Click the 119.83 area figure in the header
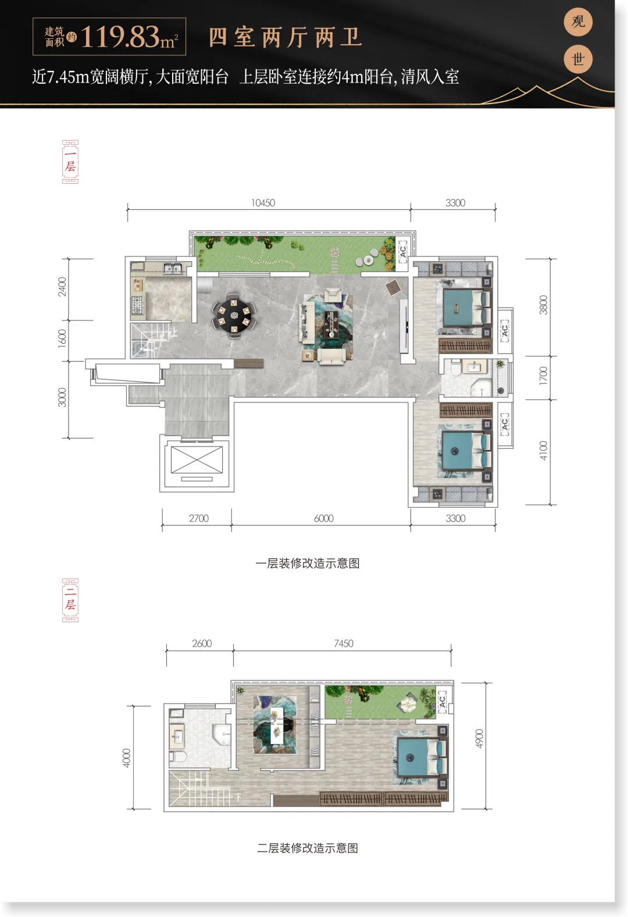[x=120, y=37]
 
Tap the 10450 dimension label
[x=263, y=202]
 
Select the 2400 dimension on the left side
[x=62, y=287]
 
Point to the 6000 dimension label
[x=324, y=518]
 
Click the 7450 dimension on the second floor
[x=344, y=643]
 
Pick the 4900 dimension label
[x=479, y=738]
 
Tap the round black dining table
[x=234, y=316]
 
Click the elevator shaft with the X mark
[x=197, y=460]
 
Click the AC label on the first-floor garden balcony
[x=403, y=251]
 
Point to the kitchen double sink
[x=173, y=269]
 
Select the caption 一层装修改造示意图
[x=308, y=563]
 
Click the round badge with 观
[x=578, y=22]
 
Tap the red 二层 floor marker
[x=70, y=600]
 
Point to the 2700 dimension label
[x=199, y=518]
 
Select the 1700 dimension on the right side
[x=543, y=376]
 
